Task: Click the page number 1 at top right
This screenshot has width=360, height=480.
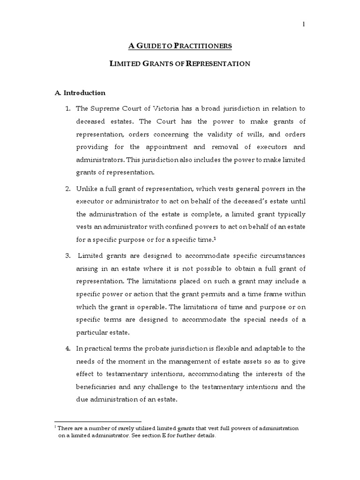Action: pos(304,25)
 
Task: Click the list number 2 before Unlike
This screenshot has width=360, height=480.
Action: pos(68,189)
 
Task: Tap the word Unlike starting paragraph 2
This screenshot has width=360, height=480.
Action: pos(88,189)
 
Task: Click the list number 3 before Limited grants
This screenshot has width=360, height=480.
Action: pos(68,255)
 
